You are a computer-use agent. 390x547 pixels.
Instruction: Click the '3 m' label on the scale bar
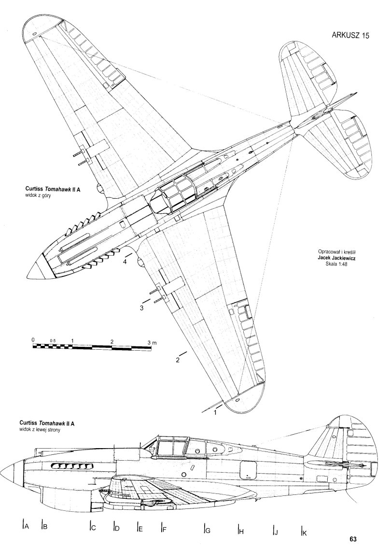coord(152,342)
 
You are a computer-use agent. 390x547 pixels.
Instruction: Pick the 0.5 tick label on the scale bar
coord(52,341)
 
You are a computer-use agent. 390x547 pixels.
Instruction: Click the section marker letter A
coord(27,527)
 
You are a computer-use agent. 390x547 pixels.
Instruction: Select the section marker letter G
coord(208,530)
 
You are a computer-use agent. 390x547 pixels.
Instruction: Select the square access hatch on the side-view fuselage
coord(249,468)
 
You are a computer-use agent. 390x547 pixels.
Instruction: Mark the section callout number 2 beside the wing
coord(178,360)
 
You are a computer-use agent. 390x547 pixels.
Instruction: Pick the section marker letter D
coord(117,528)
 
